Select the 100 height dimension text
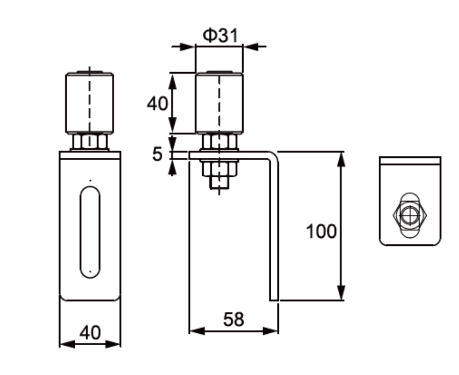[321, 232]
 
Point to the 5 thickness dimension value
[158, 154]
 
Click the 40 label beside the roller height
[157, 103]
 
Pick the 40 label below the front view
[90, 332]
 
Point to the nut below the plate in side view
[219, 169]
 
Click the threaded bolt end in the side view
[219, 183]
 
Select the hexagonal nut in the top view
[409, 216]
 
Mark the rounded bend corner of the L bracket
[274, 156]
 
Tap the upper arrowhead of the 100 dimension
[341, 158]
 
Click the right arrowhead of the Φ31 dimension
[251, 46]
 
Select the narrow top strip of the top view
[410, 161]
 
